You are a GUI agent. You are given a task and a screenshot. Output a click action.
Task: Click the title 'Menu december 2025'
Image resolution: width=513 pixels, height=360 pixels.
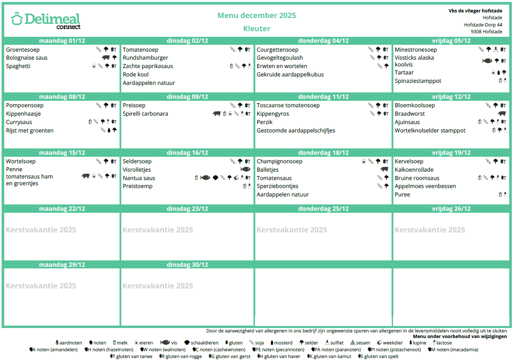point(256,16)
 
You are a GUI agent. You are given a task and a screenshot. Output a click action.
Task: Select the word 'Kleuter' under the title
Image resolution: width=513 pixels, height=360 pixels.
point(256,29)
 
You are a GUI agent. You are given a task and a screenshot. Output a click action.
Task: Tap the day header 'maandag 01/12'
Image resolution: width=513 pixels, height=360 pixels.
point(62,41)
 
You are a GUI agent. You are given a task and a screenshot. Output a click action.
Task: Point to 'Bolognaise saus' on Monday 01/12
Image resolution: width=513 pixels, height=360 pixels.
point(27,58)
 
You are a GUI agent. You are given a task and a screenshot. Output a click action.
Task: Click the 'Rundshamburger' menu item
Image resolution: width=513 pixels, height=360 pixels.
point(145,58)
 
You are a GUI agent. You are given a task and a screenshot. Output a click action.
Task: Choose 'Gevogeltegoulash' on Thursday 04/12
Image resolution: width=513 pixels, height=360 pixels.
point(280,58)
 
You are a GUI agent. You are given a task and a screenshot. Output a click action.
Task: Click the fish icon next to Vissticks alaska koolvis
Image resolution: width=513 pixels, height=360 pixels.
point(487,61)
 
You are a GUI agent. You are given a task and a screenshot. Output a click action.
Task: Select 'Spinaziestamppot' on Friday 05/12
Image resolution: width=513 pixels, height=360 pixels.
point(418,81)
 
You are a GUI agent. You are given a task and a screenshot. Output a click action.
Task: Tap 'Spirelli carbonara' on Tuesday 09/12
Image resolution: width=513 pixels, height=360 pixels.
point(145,114)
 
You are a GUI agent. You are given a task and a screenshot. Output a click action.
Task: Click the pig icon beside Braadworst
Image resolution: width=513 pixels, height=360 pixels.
point(502,114)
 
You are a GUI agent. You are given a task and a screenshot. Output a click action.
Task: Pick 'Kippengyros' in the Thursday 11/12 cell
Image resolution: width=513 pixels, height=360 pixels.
point(273,114)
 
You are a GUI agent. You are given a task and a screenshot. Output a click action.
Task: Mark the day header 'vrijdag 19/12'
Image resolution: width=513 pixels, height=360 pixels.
point(451,153)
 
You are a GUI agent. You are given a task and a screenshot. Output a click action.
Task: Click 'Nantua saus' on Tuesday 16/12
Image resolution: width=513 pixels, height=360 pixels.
point(139,178)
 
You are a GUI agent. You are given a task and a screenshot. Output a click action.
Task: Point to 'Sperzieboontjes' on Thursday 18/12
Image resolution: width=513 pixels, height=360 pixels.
point(277,186)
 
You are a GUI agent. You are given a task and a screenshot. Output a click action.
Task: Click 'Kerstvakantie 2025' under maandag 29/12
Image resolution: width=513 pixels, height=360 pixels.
point(41,286)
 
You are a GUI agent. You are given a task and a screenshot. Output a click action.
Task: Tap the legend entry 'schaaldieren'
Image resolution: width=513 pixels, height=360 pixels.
point(204,343)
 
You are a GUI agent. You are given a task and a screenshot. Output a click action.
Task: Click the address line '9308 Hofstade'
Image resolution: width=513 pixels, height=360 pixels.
point(486,32)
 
